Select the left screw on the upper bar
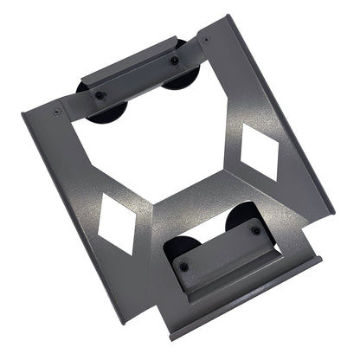click(x=100, y=94)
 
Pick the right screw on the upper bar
click(x=175, y=61)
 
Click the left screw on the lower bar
click(x=183, y=266)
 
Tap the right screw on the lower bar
click(x=255, y=229)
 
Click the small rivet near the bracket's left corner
click(x=57, y=112)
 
